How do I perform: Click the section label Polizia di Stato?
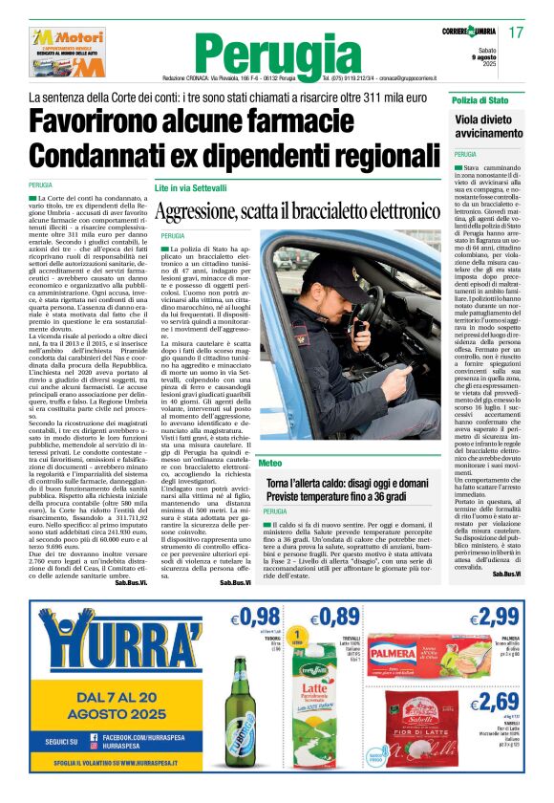pos(483,100)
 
